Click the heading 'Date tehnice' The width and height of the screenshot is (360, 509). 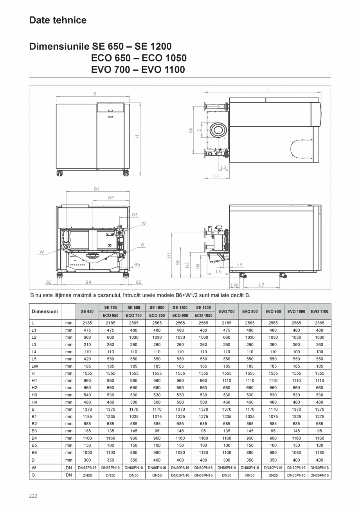[58, 20]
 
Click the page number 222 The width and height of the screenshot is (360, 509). [33, 496]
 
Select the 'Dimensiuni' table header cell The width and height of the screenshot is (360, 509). [45, 311]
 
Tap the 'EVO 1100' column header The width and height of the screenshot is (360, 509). [319, 311]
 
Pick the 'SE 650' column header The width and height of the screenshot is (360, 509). [87, 311]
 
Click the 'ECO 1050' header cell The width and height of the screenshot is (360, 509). [203, 315]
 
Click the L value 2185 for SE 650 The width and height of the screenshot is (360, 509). [87, 323]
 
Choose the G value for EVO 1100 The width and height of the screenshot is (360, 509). [319, 475]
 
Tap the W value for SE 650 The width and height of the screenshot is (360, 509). [87, 468]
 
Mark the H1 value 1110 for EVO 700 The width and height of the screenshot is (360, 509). [227, 380]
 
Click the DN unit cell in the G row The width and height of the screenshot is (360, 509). [69, 475]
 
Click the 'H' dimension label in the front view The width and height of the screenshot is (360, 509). [137, 137]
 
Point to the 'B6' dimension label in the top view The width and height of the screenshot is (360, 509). [191, 130]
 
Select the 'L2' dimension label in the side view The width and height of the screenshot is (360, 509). [261, 285]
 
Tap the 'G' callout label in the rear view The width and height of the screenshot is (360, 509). [143, 245]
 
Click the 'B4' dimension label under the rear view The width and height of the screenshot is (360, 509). [88, 282]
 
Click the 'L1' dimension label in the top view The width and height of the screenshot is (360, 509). [216, 176]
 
